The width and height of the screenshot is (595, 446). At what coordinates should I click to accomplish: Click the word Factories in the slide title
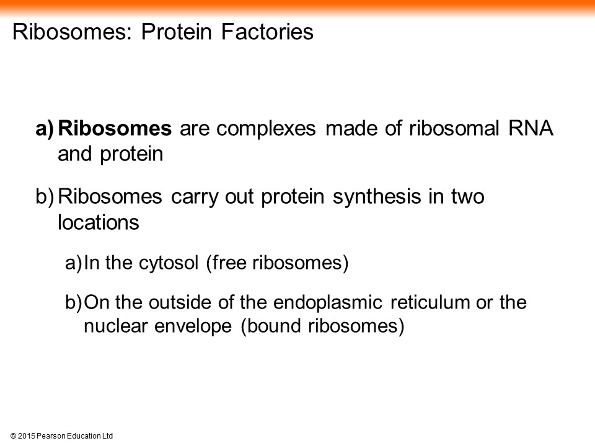point(268,32)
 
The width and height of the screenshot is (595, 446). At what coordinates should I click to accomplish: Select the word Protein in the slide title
point(177,32)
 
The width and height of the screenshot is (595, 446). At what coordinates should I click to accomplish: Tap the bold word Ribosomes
point(115,128)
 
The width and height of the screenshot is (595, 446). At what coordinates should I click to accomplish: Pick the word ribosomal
point(454,128)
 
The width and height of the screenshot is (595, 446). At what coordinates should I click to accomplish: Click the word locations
point(99,222)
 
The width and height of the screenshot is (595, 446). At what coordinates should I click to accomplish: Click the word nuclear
point(115,326)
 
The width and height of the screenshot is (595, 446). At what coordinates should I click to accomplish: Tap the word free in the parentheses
point(226,263)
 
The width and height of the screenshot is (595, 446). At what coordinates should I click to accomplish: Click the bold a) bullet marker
point(45,129)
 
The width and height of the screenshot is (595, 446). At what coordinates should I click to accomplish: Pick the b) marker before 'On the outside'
point(73,303)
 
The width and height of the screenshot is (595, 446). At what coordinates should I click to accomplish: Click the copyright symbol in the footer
point(13,436)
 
